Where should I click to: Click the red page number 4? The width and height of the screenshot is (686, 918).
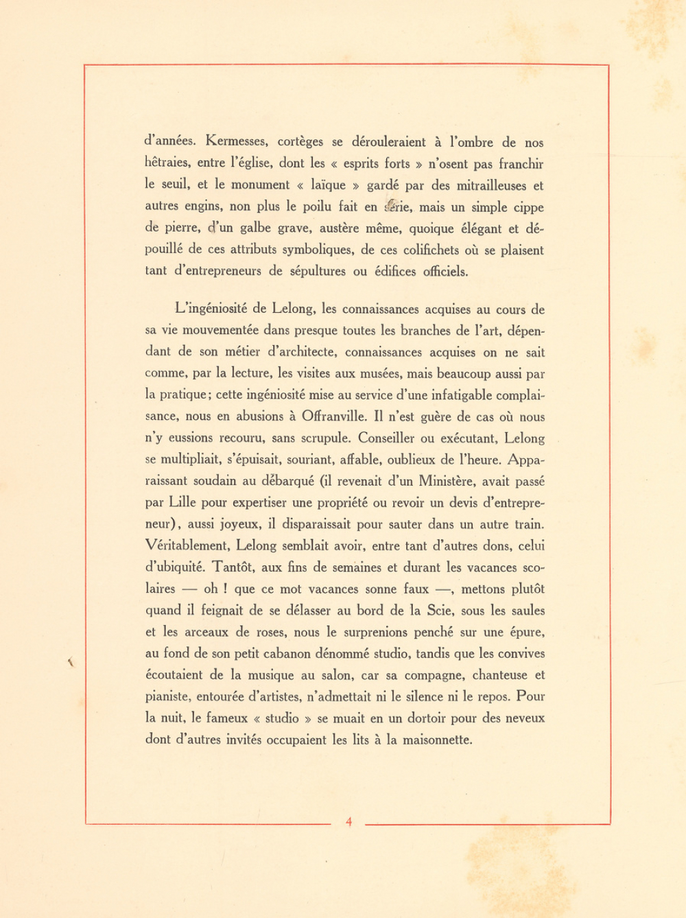point(349,822)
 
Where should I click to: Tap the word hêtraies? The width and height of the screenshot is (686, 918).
point(168,163)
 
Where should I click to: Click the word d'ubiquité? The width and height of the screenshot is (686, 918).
point(174,567)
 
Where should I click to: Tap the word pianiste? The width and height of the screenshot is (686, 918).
point(168,697)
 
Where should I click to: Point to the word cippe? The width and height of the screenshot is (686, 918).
point(528,207)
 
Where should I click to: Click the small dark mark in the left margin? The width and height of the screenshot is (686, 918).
point(70,662)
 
